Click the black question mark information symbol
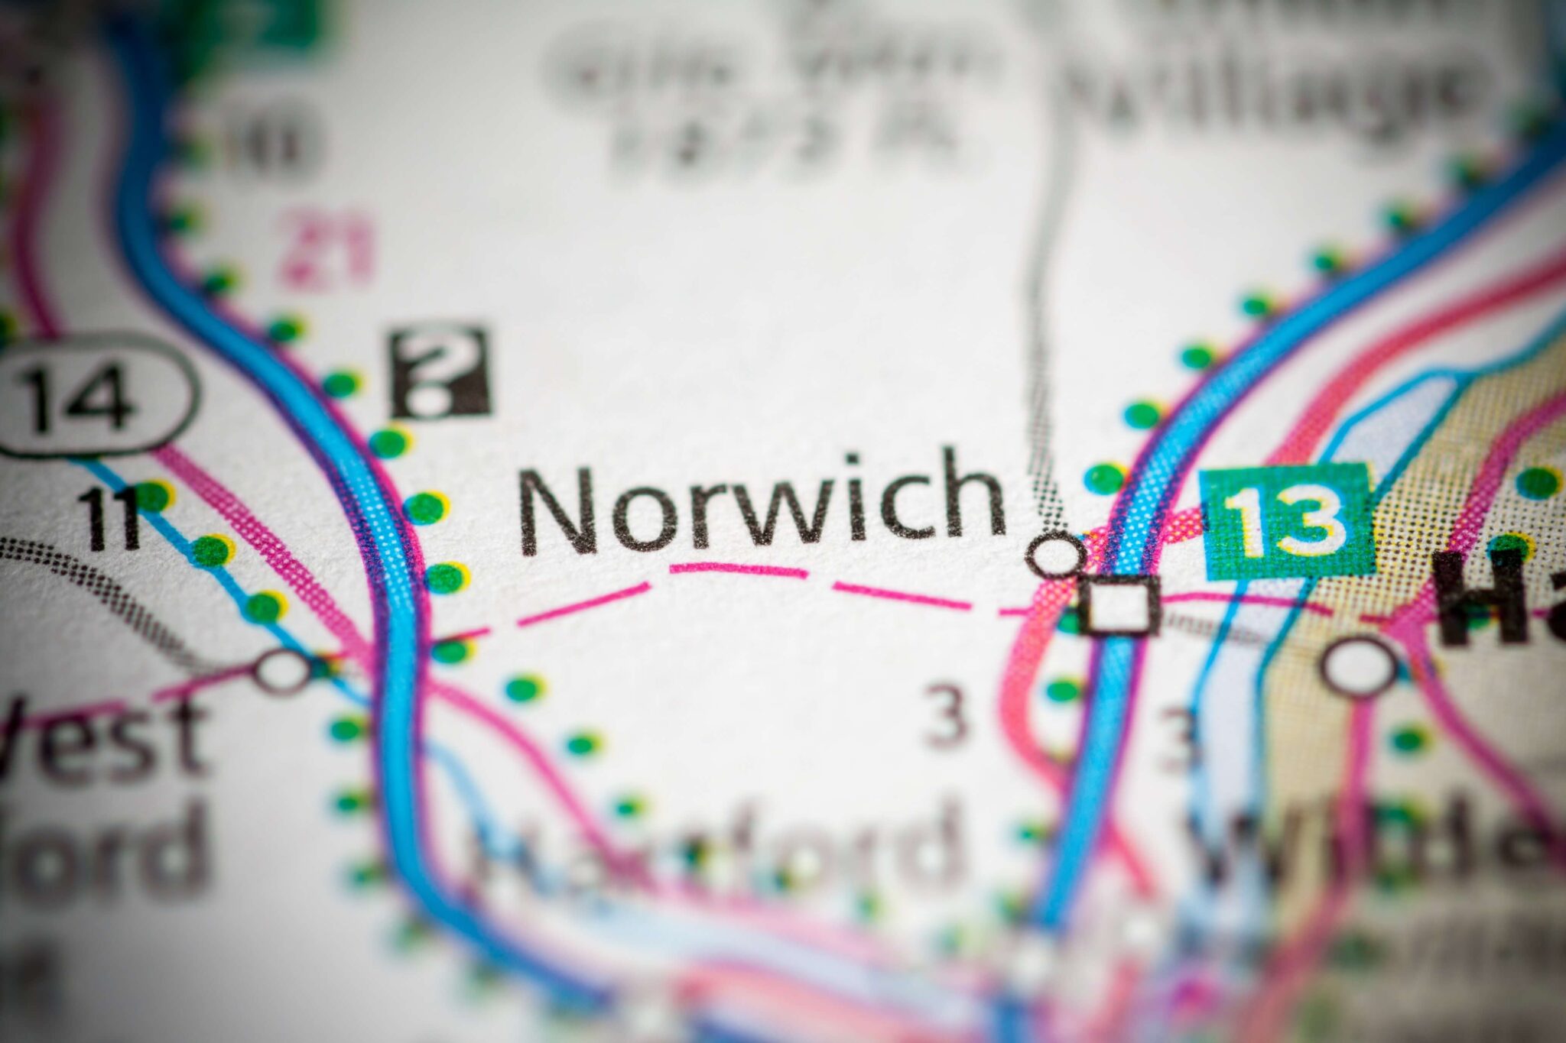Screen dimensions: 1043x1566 [440, 372]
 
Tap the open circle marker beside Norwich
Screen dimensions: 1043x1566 [1055, 554]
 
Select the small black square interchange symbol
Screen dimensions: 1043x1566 [1120, 605]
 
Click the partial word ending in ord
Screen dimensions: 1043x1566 [107, 848]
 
